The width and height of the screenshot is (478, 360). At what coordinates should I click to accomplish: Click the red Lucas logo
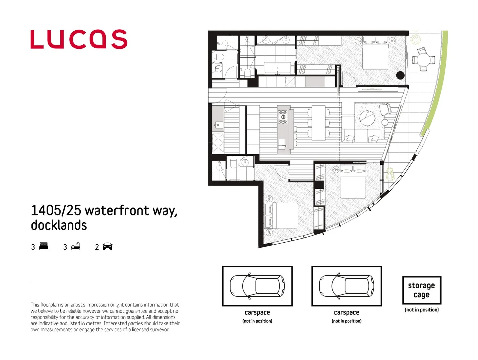pos(79,39)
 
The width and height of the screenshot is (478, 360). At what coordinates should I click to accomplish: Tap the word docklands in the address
pos(59,225)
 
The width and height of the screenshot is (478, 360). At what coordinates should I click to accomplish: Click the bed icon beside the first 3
pos(44,246)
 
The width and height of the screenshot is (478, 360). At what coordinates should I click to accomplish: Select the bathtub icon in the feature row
pos(76,246)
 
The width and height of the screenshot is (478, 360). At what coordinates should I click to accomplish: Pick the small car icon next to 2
pos(107,246)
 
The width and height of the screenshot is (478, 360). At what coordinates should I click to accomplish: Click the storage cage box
pos(421,290)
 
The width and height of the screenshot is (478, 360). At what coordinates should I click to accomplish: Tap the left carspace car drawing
pos(257,286)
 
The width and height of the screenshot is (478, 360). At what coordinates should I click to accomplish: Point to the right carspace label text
pos(346,313)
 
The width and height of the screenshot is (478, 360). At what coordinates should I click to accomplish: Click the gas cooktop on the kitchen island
pos(283,117)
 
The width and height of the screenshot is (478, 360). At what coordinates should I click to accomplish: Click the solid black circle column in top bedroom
pos(400,75)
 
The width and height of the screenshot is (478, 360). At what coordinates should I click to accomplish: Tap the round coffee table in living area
pos(367,118)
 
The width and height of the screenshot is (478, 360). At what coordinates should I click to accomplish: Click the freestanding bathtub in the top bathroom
pos(277,68)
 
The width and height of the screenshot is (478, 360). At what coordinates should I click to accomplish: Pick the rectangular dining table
pos(318,123)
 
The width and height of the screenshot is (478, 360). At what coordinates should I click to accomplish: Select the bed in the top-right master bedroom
pos(375,53)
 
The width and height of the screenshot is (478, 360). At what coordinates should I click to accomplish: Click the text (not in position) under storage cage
pos(421,310)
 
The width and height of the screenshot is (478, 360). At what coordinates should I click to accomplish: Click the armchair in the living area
pos(385,109)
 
